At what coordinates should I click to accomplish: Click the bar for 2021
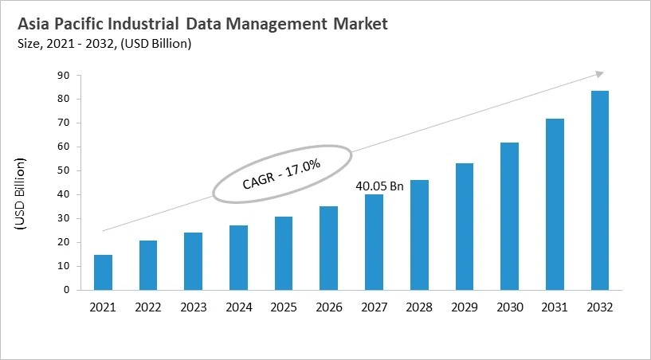[x=103, y=272]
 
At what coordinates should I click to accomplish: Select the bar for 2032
[x=599, y=190]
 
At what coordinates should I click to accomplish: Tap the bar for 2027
[x=374, y=242]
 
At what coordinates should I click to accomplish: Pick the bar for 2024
[x=238, y=257]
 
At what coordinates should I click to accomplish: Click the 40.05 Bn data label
[x=379, y=186]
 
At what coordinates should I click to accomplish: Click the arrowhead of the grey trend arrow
[x=600, y=74]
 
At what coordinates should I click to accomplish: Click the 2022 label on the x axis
[x=148, y=306]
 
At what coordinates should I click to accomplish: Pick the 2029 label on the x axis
[x=464, y=306]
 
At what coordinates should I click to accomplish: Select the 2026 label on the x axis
[x=328, y=306]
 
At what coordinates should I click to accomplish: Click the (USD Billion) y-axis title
[x=21, y=195]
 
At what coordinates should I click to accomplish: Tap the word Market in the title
[x=358, y=24]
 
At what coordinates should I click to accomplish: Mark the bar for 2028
[x=419, y=235]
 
